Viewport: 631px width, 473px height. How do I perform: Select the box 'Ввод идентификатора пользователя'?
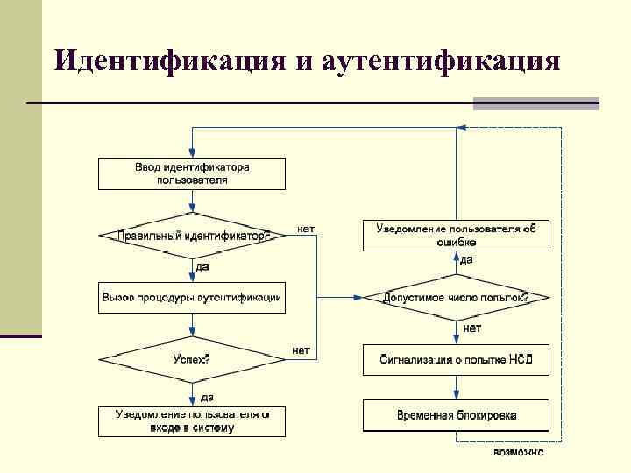tap(191, 173)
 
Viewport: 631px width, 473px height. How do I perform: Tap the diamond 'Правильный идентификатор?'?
tap(191, 236)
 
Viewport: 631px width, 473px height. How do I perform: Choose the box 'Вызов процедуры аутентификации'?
tap(191, 298)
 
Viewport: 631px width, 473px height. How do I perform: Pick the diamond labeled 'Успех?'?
tap(191, 359)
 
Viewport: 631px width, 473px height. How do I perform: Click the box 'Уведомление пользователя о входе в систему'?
tap(191, 422)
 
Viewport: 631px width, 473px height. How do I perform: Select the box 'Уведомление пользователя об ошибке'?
tap(456, 235)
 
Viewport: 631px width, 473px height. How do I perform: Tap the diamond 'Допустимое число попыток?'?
tap(456, 298)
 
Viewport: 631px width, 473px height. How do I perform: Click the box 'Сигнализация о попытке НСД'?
tap(456, 360)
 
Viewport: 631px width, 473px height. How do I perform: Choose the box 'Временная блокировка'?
tap(456, 415)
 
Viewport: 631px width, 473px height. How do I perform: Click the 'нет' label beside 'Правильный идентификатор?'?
tap(306, 229)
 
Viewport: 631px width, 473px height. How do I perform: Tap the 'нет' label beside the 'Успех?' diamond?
tap(301, 350)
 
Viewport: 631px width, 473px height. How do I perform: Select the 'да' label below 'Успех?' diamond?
tap(206, 397)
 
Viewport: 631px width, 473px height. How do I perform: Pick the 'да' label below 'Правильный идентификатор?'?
tap(202, 266)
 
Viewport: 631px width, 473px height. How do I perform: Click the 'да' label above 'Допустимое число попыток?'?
tap(466, 260)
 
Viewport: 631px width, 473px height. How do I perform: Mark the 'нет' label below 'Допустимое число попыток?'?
tap(471, 328)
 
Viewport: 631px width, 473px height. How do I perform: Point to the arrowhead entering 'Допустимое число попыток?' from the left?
tap(358, 298)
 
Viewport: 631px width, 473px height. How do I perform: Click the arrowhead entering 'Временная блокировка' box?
tap(456, 396)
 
